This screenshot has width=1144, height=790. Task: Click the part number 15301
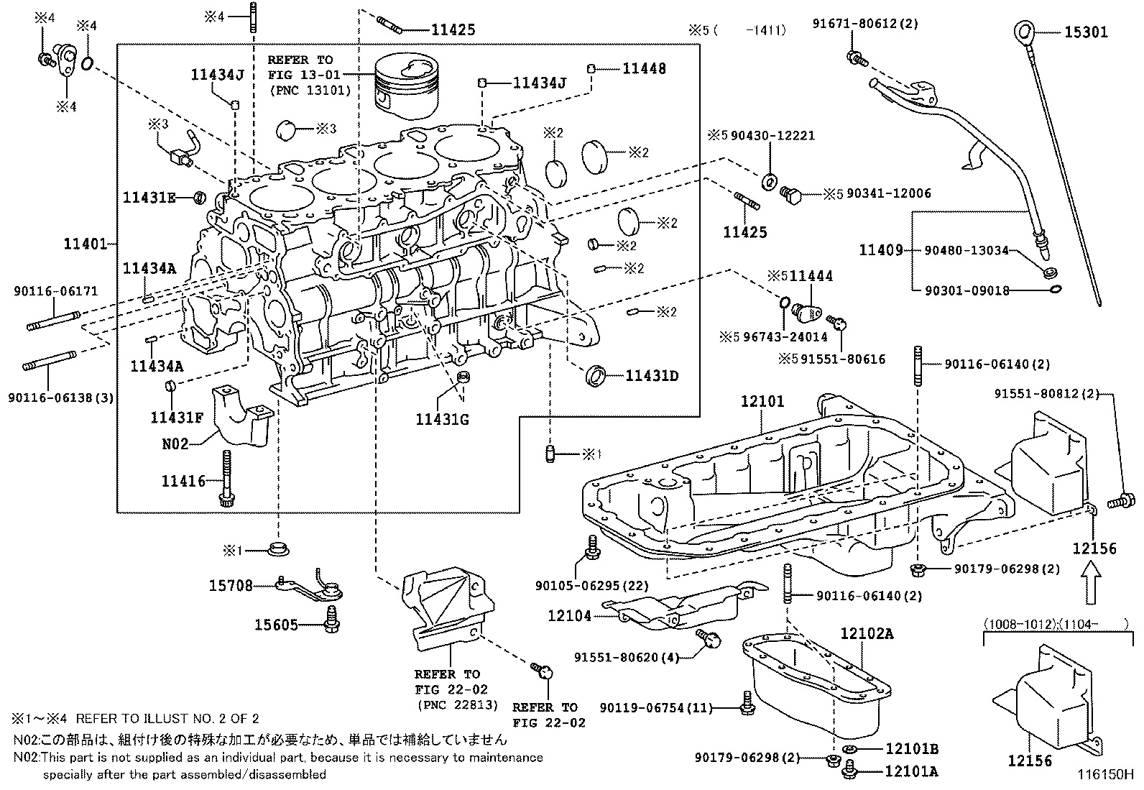point(1086,32)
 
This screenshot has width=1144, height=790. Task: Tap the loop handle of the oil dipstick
point(1020,32)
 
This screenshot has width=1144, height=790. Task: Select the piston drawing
point(407,87)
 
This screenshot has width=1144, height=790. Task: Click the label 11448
point(644,68)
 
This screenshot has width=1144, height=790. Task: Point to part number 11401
point(86,244)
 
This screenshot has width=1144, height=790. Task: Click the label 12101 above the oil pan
point(762,401)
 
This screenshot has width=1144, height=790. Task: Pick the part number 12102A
point(867,633)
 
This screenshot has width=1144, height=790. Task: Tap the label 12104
point(569,616)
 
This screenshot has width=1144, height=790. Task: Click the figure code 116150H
point(1105,774)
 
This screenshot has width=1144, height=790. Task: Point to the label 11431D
point(652,376)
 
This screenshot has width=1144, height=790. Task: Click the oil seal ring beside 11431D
point(596,376)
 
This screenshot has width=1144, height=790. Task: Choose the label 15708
point(231,586)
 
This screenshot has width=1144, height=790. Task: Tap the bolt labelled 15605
point(332,620)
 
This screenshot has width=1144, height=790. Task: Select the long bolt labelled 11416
point(226,478)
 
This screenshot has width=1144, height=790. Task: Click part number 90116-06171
point(55,291)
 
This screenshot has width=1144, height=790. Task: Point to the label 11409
point(881,250)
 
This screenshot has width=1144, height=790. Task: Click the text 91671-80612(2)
point(865,23)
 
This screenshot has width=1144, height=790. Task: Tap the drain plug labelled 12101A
point(849,770)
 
